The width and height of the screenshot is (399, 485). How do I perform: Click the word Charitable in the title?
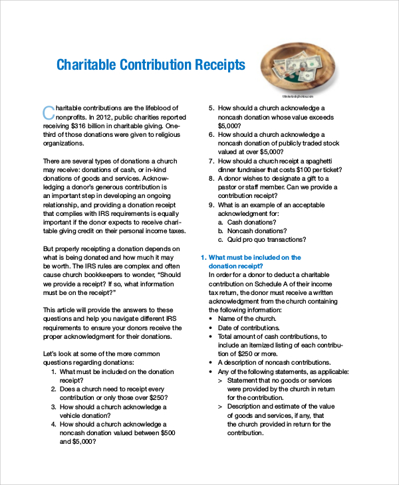(86, 65)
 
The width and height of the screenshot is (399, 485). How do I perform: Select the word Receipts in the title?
(219, 65)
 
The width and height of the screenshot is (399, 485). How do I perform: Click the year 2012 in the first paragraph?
(100, 117)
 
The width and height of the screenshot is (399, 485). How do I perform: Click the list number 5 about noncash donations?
(211, 108)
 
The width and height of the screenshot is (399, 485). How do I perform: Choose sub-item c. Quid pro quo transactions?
(262, 239)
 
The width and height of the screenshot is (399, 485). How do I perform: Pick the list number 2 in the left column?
(53, 389)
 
